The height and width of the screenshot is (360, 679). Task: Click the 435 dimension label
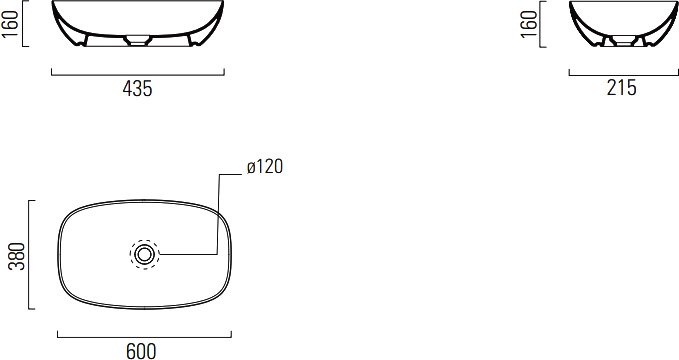(137, 88)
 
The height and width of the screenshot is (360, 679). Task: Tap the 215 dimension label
(621, 88)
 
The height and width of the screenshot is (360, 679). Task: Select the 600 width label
(141, 351)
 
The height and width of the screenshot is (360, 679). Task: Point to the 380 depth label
(17, 256)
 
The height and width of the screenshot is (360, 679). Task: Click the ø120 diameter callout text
(265, 167)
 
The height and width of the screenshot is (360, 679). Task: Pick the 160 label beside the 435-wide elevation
(10, 23)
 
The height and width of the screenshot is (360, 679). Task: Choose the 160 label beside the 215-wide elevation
(529, 23)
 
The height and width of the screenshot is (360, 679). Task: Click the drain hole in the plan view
(144, 254)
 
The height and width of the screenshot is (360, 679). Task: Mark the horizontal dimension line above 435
(138, 75)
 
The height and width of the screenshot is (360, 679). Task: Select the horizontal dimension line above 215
(624, 75)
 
